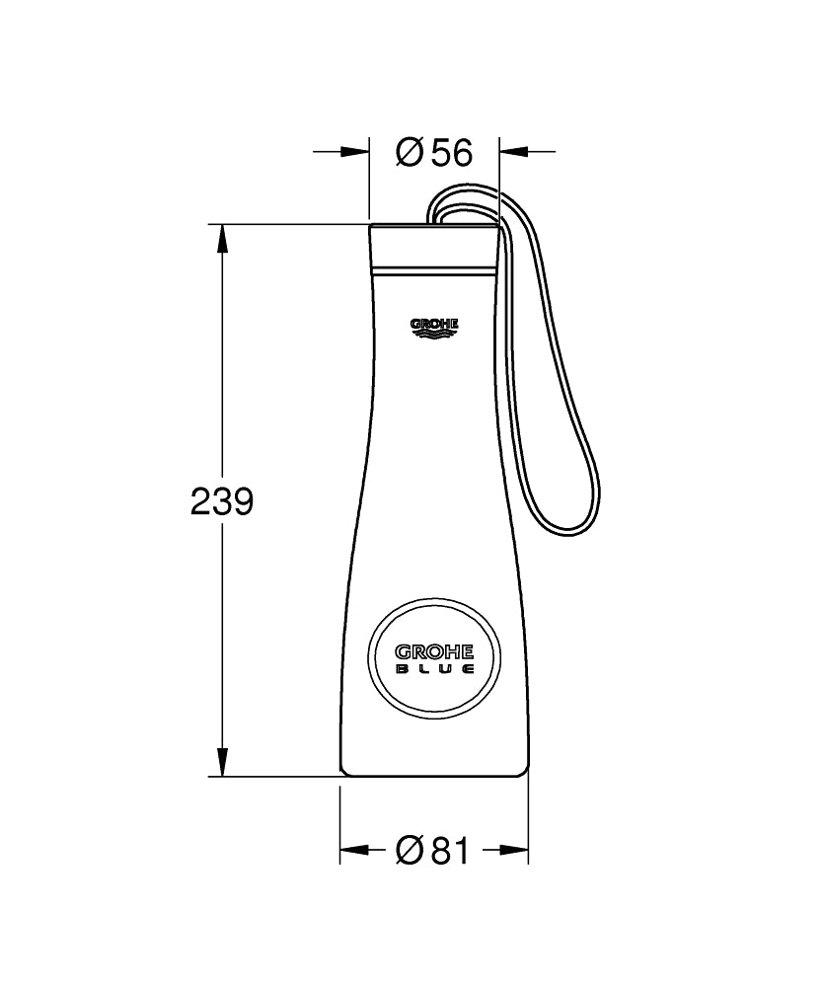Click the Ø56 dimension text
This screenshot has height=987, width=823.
tap(434, 152)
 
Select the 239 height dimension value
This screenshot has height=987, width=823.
tap(222, 502)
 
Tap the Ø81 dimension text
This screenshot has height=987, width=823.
tap(434, 850)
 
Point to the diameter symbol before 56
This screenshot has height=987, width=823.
tap(410, 152)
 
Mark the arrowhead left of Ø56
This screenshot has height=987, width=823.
tap(355, 152)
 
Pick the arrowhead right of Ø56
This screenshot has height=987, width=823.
tap(513, 152)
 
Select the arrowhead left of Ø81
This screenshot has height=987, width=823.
tap(353, 850)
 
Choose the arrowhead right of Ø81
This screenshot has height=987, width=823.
tap(515, 850)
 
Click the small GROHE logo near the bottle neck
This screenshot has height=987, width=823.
tap(434, 325)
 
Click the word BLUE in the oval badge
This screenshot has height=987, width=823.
tap(435, 667)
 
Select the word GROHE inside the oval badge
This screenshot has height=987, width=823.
tap(435, 651)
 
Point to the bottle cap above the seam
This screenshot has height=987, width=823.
tap(434, 247)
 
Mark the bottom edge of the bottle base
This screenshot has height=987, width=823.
tap(434, 776)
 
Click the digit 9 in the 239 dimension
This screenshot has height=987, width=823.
tap(243, 502)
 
